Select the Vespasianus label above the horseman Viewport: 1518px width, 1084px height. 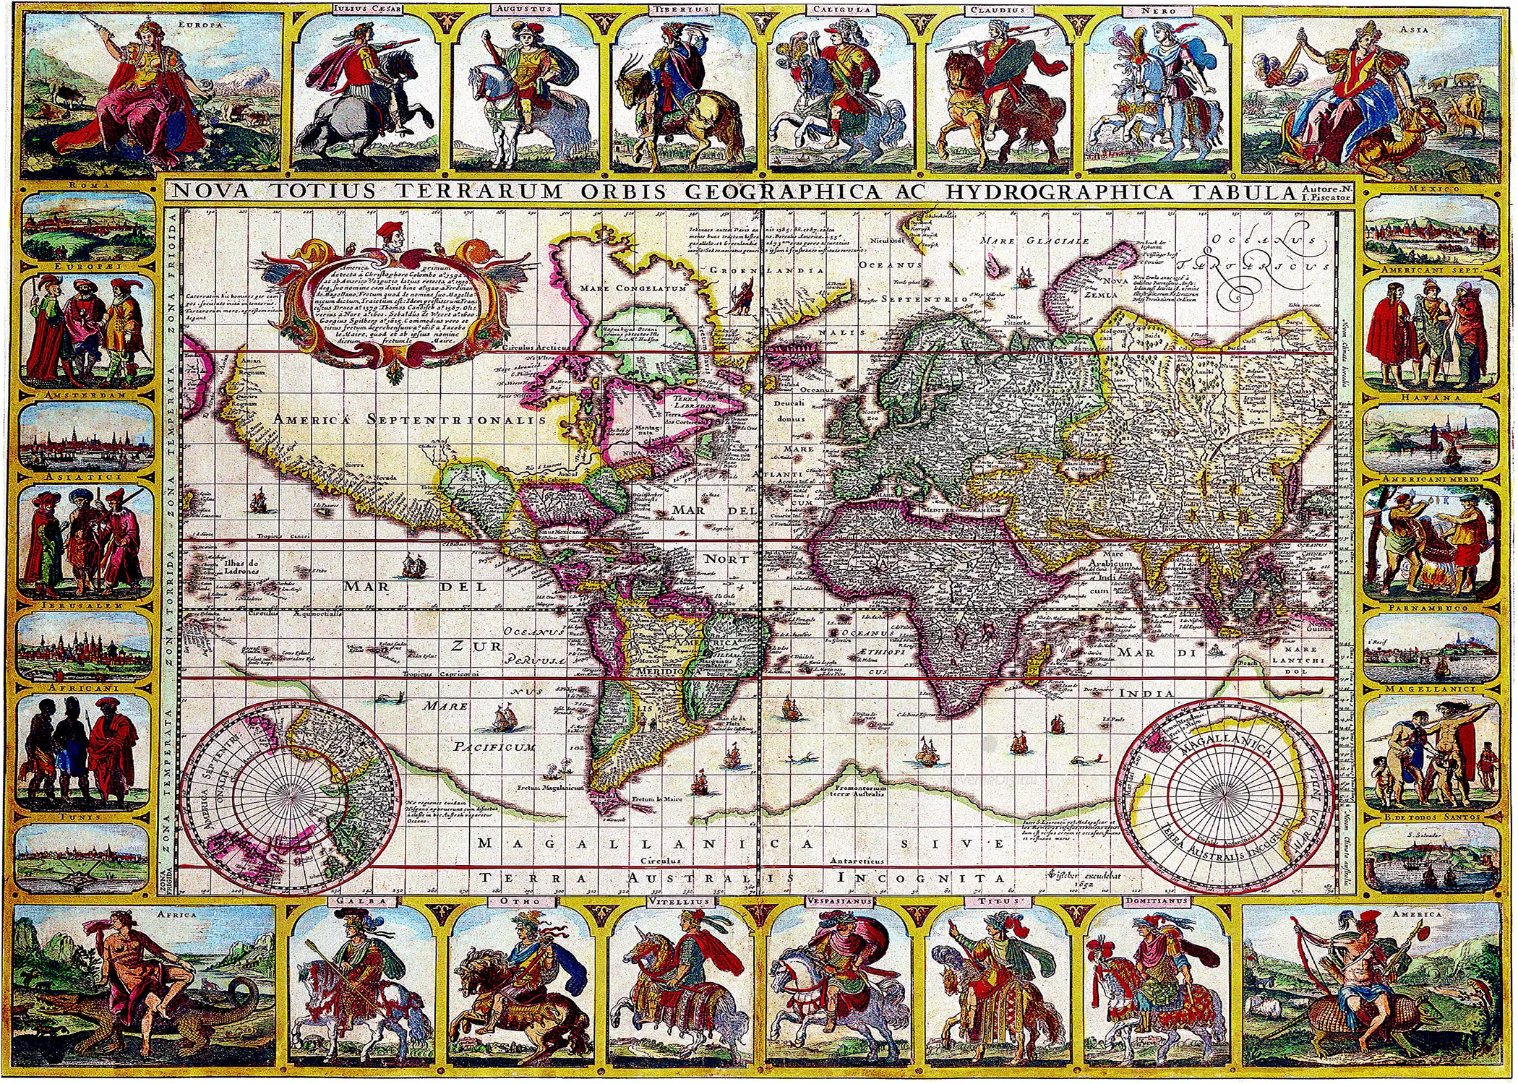point(838,902)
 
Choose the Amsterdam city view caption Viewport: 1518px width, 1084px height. point(85,397)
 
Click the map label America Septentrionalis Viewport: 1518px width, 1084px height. point(403,418)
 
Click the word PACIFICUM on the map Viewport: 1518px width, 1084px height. point(496,747)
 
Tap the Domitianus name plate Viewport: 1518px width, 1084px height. point(1156,902)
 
